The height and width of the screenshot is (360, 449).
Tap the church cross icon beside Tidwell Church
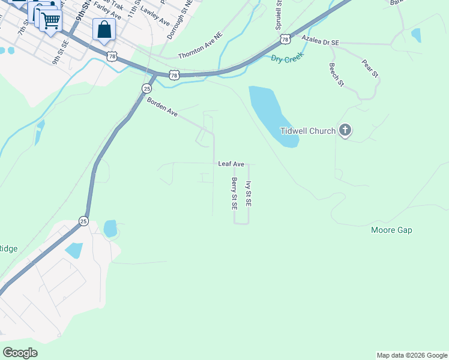point(345,130)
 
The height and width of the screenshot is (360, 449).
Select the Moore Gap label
point(391,230)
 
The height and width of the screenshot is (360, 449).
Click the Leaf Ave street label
point(231,163)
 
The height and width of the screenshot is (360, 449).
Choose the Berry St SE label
point(234,193)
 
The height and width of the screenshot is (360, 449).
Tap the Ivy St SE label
point(249,194)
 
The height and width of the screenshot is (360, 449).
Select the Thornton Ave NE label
point(200,53)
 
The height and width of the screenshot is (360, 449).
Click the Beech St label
point(336,74)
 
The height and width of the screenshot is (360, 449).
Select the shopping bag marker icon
point(104,29)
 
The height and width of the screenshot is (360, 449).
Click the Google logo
point(20,353)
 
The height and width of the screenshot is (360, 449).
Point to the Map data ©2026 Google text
point(412,355)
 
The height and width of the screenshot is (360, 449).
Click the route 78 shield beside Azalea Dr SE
point(285,39)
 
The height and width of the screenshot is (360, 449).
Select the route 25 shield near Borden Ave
point(146,88)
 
